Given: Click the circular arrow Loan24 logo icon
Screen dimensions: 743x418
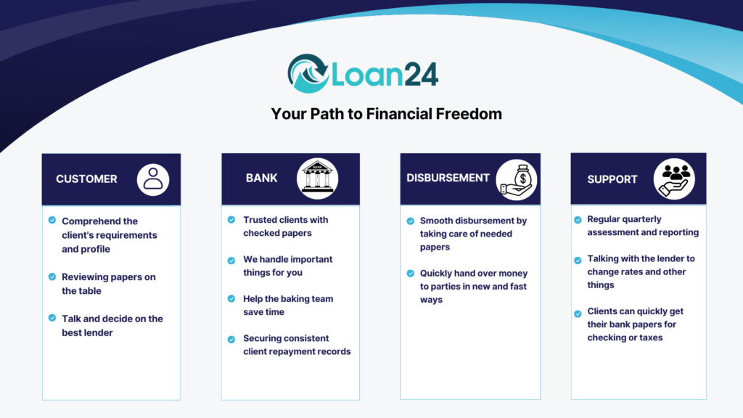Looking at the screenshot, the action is (308, 73).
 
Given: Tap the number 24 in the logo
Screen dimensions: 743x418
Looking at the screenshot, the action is (421, 75).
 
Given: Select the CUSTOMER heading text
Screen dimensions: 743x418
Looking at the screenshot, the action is (86, 179).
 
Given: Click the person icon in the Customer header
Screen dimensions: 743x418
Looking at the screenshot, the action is (153, 180).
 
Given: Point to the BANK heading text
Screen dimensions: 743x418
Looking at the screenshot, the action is (261, 179).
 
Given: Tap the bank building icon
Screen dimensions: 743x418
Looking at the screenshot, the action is (318, 179).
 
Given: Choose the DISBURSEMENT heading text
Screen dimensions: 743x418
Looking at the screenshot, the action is (448, 178).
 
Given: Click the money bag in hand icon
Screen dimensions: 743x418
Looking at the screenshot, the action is (517, 180).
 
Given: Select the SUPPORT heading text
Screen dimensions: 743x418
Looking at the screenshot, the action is (612, 180).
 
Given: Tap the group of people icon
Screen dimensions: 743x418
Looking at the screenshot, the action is (674, 179).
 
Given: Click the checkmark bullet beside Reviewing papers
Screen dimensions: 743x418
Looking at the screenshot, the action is (52, 276).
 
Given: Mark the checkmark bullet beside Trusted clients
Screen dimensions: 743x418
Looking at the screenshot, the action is (231, 220).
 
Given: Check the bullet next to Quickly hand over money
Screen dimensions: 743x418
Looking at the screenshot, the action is (411, 274).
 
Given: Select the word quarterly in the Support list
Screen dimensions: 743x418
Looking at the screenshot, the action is (643, 219).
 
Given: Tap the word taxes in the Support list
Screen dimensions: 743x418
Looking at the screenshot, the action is (651, 338).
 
